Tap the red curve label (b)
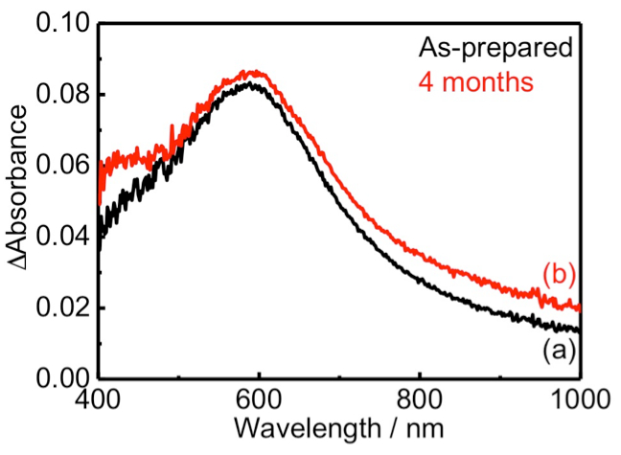tap(559, 273)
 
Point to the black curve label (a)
tap(558, 350)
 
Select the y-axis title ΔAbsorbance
tap(19, 202)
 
